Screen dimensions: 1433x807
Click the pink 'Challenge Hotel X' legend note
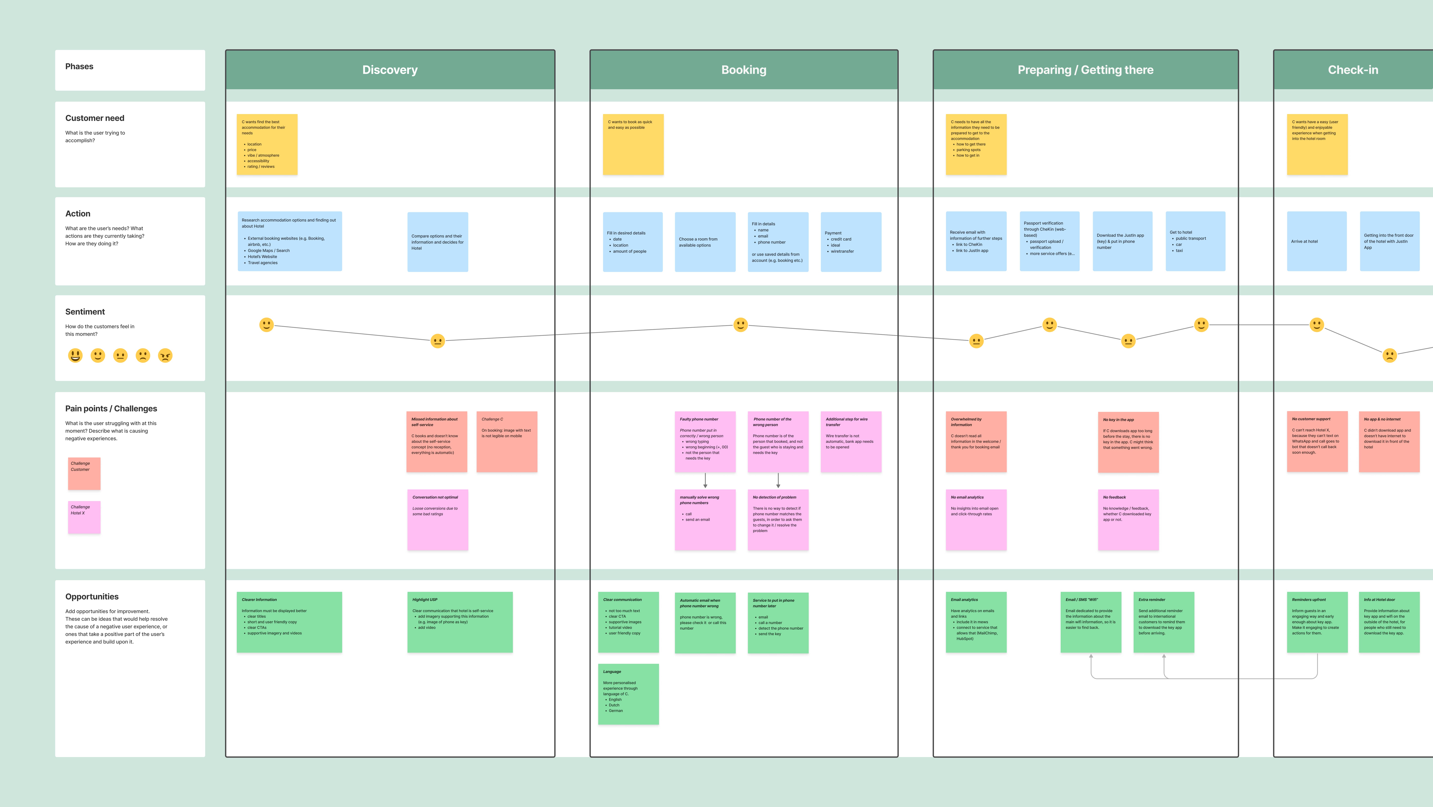(84, 517)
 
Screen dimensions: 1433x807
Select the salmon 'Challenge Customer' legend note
(84, 474)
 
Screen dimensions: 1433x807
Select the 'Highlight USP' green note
(459, 622)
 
